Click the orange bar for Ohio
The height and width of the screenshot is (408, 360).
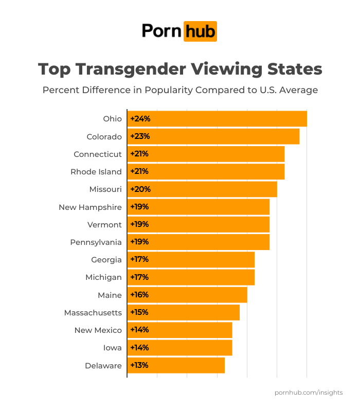(x=217, y=119)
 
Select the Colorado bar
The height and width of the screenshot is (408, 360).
(x=213, y=136)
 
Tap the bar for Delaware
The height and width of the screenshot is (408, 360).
(x=176, y=365)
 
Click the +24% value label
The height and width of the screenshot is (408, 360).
(x=140, y=119)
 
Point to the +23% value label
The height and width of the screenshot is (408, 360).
(x=140, y=136)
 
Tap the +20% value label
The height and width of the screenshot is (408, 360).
(x=140, y=189)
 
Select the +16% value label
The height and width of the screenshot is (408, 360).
(x=139, y=295)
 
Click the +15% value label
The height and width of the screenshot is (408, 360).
(x=139, y=312)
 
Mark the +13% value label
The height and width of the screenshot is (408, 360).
(x=139, y=365)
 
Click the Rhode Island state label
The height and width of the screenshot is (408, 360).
(x=96, y=172)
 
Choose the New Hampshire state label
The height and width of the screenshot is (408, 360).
(x=90, y=207)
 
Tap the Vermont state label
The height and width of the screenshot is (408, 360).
(x=104, y=225)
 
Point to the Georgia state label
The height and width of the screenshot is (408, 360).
(x=106, y=260)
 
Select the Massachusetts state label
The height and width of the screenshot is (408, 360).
(x=93, y=313)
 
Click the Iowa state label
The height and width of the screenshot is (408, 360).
(x=112, y=348)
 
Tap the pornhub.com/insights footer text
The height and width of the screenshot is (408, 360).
(x=309, y=393)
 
